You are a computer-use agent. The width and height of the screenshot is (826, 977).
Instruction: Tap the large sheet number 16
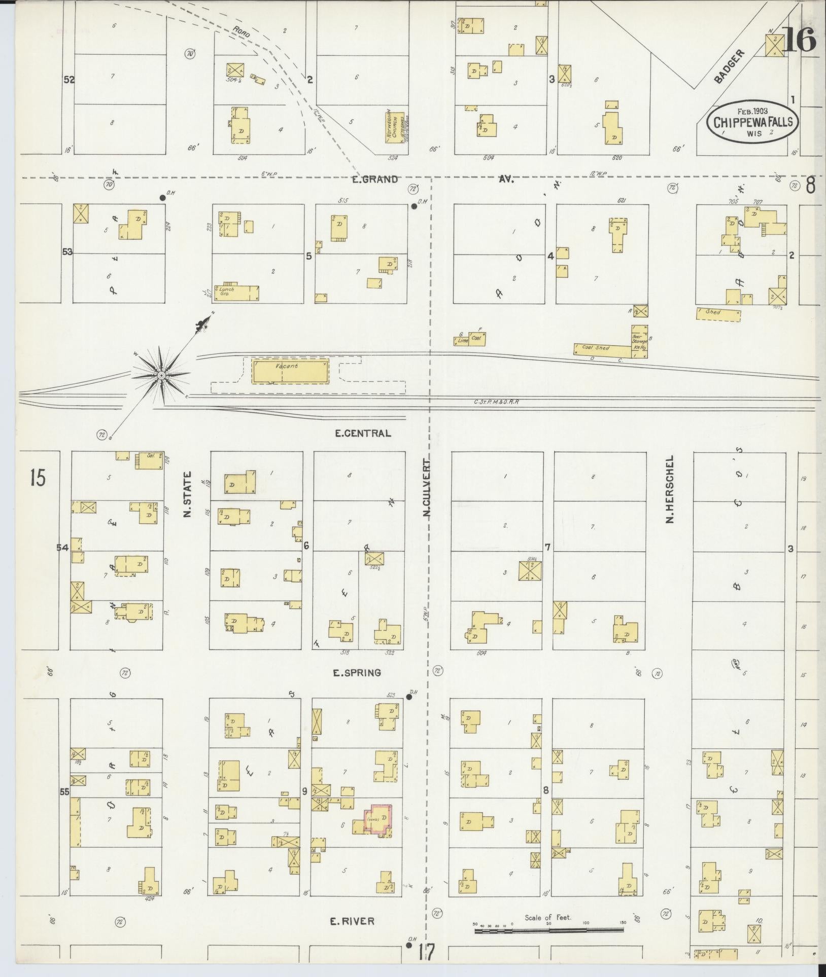point(800,40)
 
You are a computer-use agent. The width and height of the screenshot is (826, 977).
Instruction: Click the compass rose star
point(161,375)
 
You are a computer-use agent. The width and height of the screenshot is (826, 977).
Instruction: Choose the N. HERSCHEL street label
point(670,489)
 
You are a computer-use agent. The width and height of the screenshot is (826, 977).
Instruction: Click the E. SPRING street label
point(357,673)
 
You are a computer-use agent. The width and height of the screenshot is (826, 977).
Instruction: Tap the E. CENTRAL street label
point(363,433)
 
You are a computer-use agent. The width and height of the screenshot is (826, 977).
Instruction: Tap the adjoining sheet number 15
point(38,478)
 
